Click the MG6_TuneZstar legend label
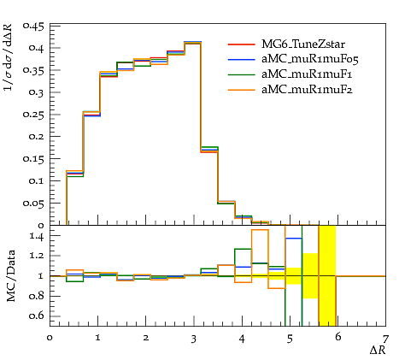coord(303,44)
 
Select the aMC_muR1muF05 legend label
coord(310,59)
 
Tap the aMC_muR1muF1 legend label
coord(307,74)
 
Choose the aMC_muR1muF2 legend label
coord(307,90)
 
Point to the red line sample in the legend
coord(241,44)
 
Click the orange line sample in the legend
coord(241,90)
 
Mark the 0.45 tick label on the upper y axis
coord(33,27)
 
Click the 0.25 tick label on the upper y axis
coord(33,115)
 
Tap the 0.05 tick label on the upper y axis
coord(33,204)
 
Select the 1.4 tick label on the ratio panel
coord(37,236)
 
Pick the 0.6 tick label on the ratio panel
coord(37,316)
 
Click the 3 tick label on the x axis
coord(194,339)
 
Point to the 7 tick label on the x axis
coord(385,339)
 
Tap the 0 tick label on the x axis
coord(50,338)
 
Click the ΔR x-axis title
coord(378,351)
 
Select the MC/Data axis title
coord(11,276)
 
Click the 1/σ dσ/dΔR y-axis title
coord(8,57)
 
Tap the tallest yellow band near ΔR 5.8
coord(327,275)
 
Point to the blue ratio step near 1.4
coord(294,239)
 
